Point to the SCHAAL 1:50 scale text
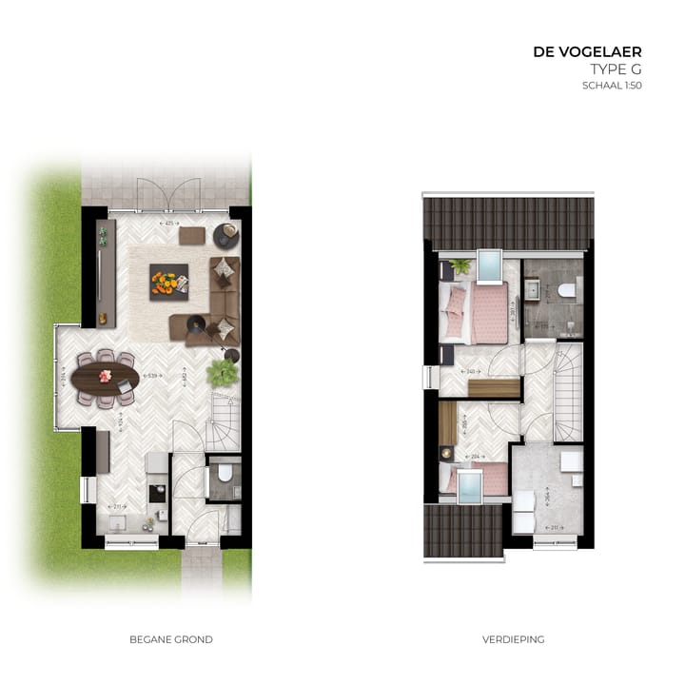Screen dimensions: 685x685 pyautogui.click(x=612, y=86)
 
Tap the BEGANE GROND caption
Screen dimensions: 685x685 pyautogui.click(x=171, y=639)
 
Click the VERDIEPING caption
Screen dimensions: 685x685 pyautogui.click(x=513, y=639)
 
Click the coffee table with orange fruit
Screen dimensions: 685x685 pyautogui.click(x=167, y=283)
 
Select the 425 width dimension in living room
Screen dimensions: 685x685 pyautogui.click(x=169, y=224)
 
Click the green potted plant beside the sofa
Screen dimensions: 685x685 pyautogui.click(x=223, y=372)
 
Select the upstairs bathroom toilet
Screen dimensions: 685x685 pyautogui.click(x=568, y=290)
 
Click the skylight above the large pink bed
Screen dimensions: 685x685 pyautogui.click(x=488, y=266)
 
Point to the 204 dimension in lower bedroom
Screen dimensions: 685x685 pyautogui.click(x=475, y=457)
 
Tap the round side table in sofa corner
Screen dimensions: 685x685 pyautogui.click(x=226, y=234)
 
